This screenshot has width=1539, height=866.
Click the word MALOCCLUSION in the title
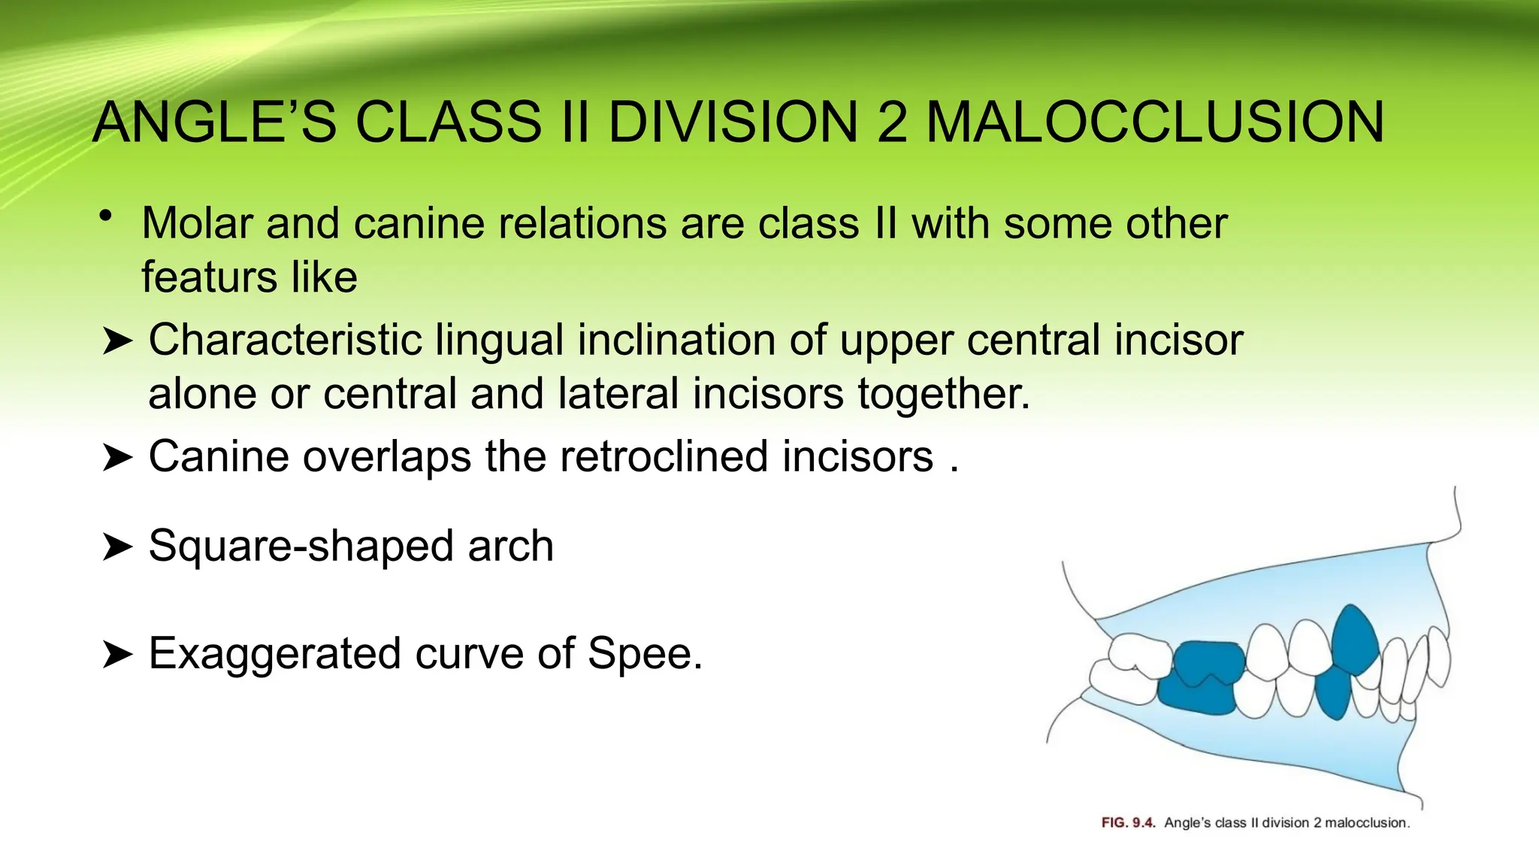1155,122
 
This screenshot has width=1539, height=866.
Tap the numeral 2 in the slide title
892,122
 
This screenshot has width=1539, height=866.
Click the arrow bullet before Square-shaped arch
116,547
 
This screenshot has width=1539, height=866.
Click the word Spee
645,653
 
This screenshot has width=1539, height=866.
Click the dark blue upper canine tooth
1354,639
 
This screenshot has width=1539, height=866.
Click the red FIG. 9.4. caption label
1128,822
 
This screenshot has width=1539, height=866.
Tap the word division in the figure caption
1286,822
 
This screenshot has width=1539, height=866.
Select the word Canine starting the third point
219,456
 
